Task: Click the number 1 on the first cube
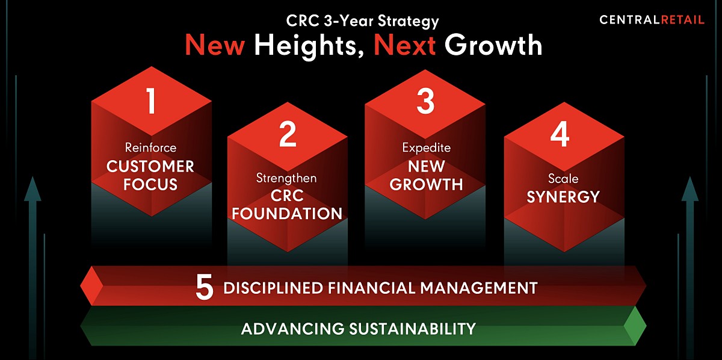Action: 151,101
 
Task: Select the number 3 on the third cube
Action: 425,101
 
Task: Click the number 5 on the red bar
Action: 205,287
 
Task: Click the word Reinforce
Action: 151,147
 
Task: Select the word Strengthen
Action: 286,178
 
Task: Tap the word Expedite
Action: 427,148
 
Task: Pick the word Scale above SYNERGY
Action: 563,179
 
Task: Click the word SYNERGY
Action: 563,197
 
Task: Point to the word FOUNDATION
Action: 287,214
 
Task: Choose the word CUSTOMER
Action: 150,166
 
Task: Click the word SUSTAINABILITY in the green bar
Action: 413,329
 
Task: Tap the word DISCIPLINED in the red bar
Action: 273,288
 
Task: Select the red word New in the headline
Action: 215,45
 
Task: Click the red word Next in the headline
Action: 405,45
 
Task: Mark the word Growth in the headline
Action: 493,45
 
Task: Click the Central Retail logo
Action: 652,20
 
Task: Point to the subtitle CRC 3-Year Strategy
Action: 362,21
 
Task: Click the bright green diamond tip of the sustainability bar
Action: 635,326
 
